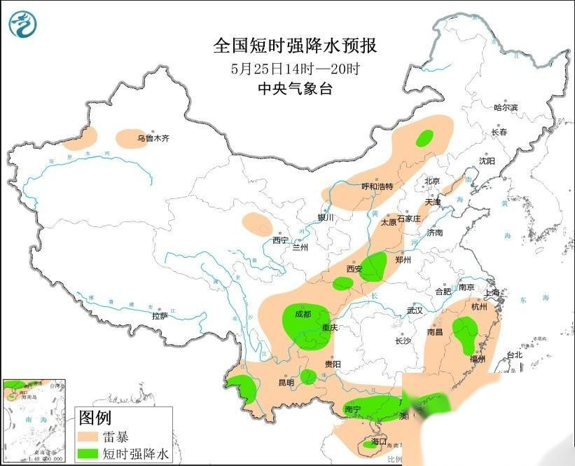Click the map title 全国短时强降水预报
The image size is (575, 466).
pos(295,46)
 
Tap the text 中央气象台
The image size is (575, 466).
pos(295,88)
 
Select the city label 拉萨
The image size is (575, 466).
pos(160,315)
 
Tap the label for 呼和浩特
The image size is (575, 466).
pos(377,186)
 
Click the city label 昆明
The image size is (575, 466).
pos(286,383)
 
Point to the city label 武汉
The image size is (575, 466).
pos(415,310)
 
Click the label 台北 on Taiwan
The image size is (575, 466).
pos(514,355)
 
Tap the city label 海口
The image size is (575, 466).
pos(379,441)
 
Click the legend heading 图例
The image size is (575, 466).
pos(95,418)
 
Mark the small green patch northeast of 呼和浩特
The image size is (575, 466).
pos(424,138)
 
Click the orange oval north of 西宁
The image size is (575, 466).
pos(257,224)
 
